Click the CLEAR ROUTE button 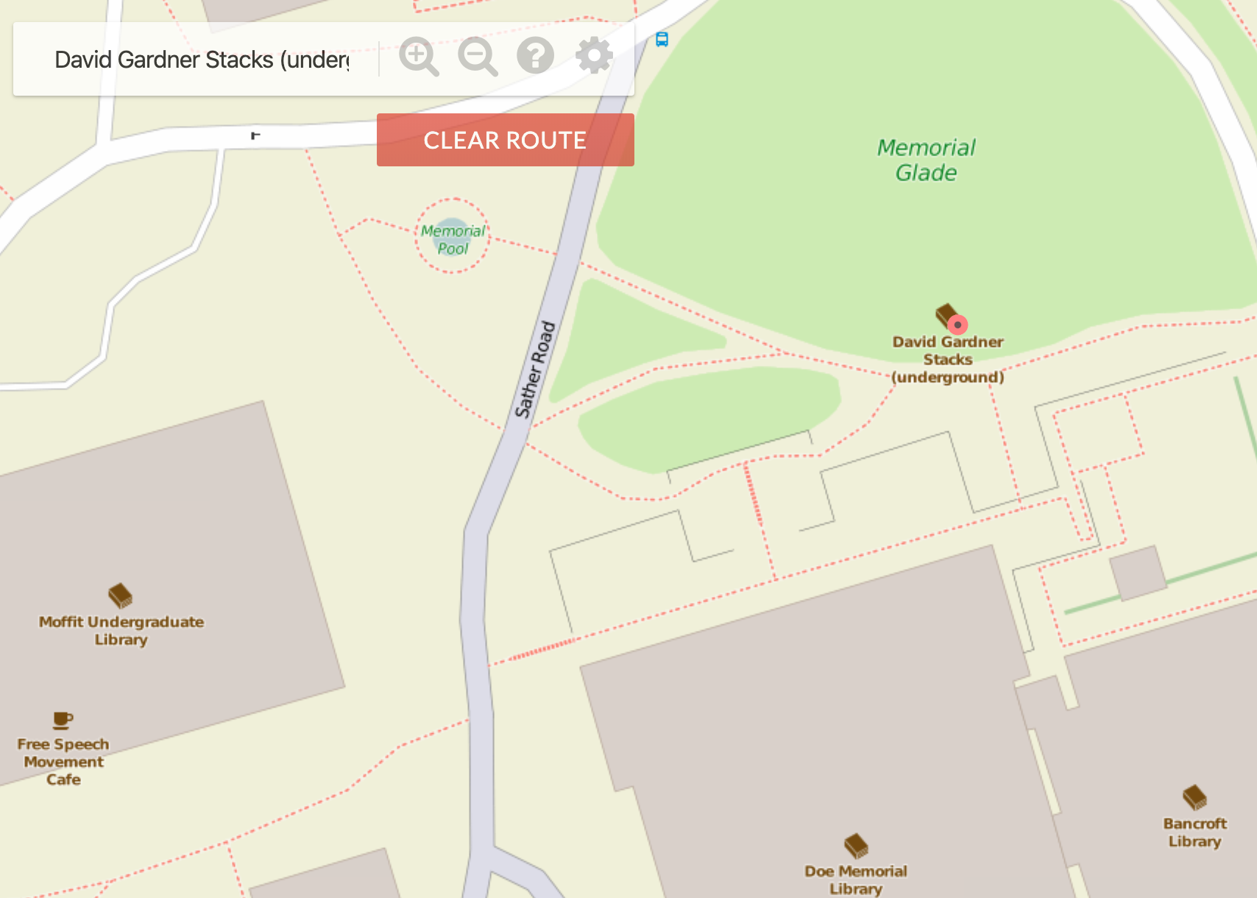505,140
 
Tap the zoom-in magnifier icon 418,56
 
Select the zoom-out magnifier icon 477,56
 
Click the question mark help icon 535,55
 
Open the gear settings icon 594,55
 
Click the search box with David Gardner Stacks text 202,60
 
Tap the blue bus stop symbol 662,40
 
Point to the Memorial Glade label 926,160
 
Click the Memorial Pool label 453,239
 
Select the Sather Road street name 535,369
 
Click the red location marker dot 957,325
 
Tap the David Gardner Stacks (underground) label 948,359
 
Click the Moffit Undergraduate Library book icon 120,595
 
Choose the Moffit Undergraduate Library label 121,631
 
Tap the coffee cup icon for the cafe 63,720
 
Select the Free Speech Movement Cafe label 63,762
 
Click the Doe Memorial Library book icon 856,846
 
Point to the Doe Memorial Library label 856,880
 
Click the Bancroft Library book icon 1194,797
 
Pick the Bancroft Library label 1194,832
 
